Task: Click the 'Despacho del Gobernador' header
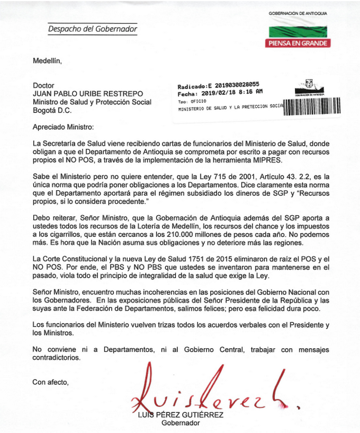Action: [92, 29]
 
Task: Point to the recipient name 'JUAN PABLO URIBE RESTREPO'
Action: [84, 93]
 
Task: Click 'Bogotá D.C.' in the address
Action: [52, 110]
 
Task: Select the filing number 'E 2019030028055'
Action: [236, 84]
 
